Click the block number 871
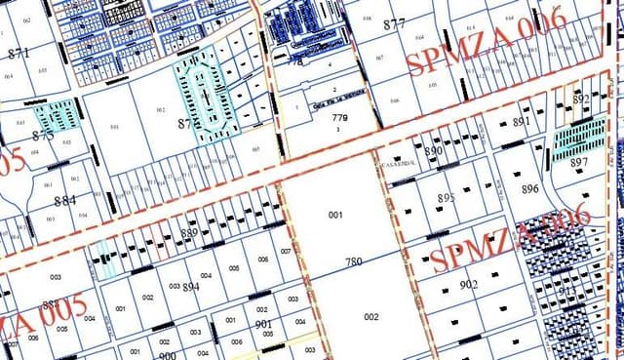point(17,54)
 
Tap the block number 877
point(394,23)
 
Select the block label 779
point(339,119)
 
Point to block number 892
point(581,100)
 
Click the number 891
point(521,122)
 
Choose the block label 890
point(434,151)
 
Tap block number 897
point(579,162)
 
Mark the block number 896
point(529,189)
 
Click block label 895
point(446,198)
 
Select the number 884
point(65,201)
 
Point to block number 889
point(189,232)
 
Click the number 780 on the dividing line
point(353,261)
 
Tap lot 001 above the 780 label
point(336,214)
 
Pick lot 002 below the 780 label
point(370,317)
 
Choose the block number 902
point(468,284)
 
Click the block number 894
point(191,287)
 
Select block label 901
point(262,324)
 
